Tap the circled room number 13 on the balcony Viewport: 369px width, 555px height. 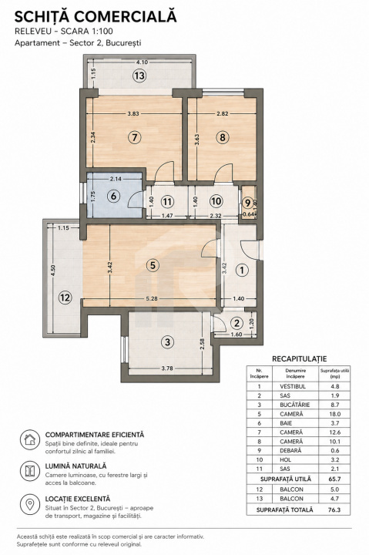point(139,76)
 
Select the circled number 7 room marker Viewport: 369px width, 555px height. point(135,138)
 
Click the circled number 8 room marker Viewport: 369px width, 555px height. point(223,138)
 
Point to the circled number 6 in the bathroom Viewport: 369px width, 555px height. point(113,196)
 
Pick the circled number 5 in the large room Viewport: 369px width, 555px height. point(153,264)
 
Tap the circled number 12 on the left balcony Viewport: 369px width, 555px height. point(65,295)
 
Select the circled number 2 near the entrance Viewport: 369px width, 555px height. point(236,323)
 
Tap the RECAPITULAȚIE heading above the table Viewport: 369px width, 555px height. point(299,358)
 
